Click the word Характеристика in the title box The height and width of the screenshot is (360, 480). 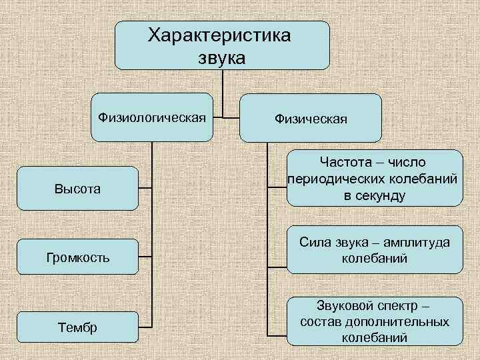click(219, 35)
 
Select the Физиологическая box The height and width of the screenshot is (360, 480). click(151, 117)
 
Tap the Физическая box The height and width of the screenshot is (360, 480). click(310, 118)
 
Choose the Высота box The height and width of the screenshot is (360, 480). click(77, 189)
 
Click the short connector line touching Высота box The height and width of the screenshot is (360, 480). click(145, 189)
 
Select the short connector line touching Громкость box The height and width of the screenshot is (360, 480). click(145, 257)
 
